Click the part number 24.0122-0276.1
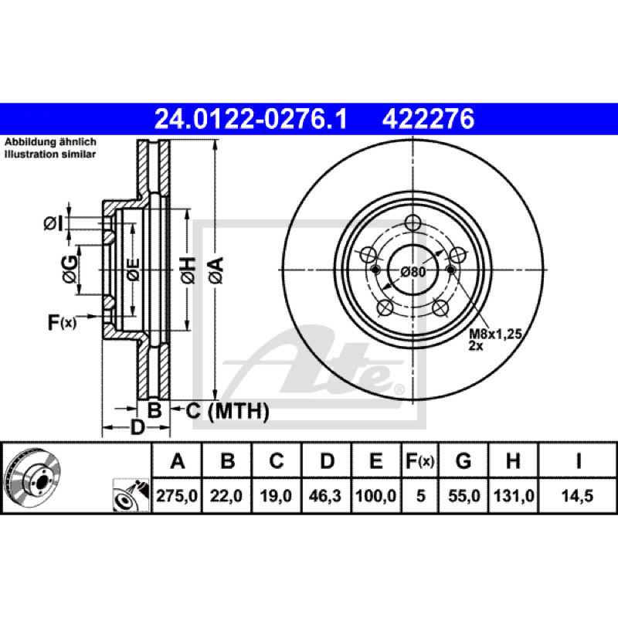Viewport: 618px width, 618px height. (x=250, y=119)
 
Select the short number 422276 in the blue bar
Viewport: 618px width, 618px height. (x=428, y=119)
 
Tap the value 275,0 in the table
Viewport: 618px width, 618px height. (x=177, y=495)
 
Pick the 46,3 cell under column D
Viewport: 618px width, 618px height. (x=325, y=495)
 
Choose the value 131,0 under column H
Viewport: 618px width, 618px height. (x=513, y=495)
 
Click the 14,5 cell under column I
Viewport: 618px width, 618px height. (x=577, y=495)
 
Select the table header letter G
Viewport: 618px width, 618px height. (x=463, y=460)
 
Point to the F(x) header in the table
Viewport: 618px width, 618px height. (x=419, y=460)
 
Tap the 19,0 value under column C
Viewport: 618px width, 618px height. (x=276, y=495)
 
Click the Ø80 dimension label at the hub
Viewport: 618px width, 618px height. (x=413, y=272)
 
